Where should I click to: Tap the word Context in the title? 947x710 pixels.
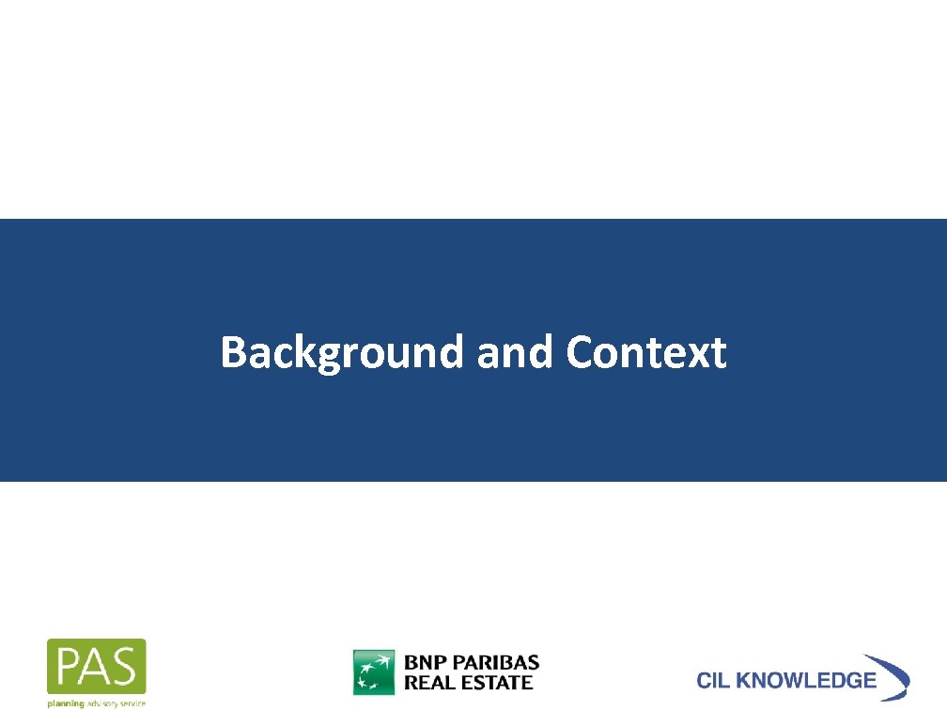click(x=646, y=353)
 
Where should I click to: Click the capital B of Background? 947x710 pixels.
click(x=232, y=353)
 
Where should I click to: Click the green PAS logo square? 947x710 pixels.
click(x=97, y=666)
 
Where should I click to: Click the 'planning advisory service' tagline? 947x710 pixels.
click(x=97, y=702)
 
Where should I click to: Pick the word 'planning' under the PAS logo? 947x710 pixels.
click(x=66, y=702)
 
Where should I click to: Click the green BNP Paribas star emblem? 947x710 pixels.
click(x=373, y=671)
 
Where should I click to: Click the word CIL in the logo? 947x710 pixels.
click(x=715, y=681)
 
